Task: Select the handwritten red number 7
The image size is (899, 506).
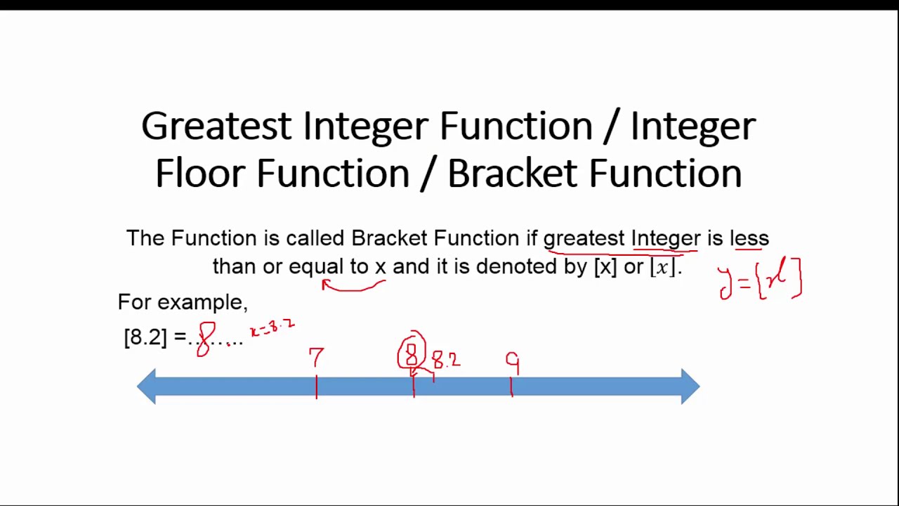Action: click(x=316, y=358)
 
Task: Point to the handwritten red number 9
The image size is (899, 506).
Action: click(x=513, y=363)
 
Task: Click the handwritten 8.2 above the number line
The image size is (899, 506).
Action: click(x=446, y=361)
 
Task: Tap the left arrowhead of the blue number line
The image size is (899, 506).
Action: click(x=147, y=387)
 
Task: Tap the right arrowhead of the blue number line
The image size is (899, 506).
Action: click(x=690, y=387)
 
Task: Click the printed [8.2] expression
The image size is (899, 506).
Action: click(x=145, y=337)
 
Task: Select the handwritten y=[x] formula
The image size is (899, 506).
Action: click(x=760, y=280)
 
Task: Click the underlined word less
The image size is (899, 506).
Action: click(x=749, y=238)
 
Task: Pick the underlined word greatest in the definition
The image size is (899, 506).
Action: click(x=584, y=238)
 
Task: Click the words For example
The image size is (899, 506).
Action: click(x=182, y=302)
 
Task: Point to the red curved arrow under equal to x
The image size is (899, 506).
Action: click(x=353, y=286)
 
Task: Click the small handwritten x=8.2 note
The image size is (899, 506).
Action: click(x=273, y=327)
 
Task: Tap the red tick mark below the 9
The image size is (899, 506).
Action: click(x=512, y=387)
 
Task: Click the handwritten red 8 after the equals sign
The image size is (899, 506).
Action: click(x=205, y=339)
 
